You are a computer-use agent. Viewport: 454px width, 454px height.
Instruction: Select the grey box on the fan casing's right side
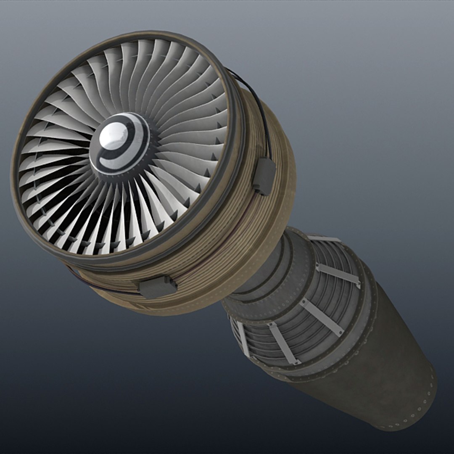coord(264,176)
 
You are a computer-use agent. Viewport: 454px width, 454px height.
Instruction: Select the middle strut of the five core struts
coord(322,318)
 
